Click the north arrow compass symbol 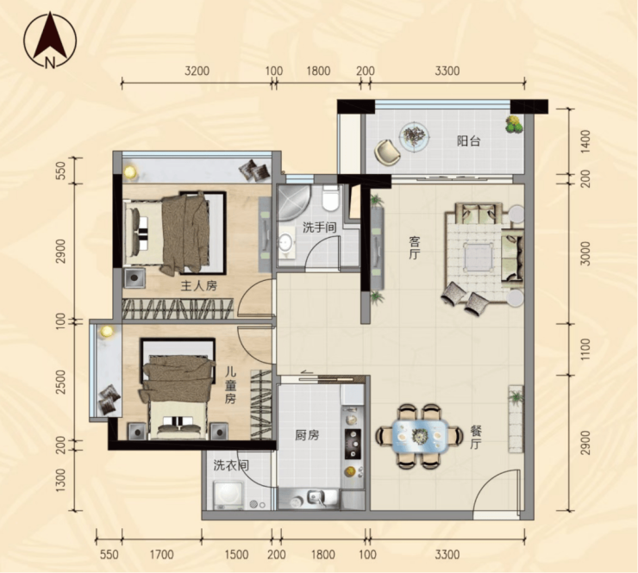[50, 40]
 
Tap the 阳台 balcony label [469, 141]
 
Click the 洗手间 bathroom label [319, 227]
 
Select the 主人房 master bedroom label [199, 286]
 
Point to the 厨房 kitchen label [307, 435]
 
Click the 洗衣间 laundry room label [231, 465]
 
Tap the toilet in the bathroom [330, 198]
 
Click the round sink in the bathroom [288, 243]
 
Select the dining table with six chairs [419, 436]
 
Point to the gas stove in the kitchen [353, 443]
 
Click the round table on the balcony [414, 138]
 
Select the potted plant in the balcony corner [515, 124]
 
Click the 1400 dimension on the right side [585, 141]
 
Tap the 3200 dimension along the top [197, 72]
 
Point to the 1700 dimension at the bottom [162, 554]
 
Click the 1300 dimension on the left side [60, 480]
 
